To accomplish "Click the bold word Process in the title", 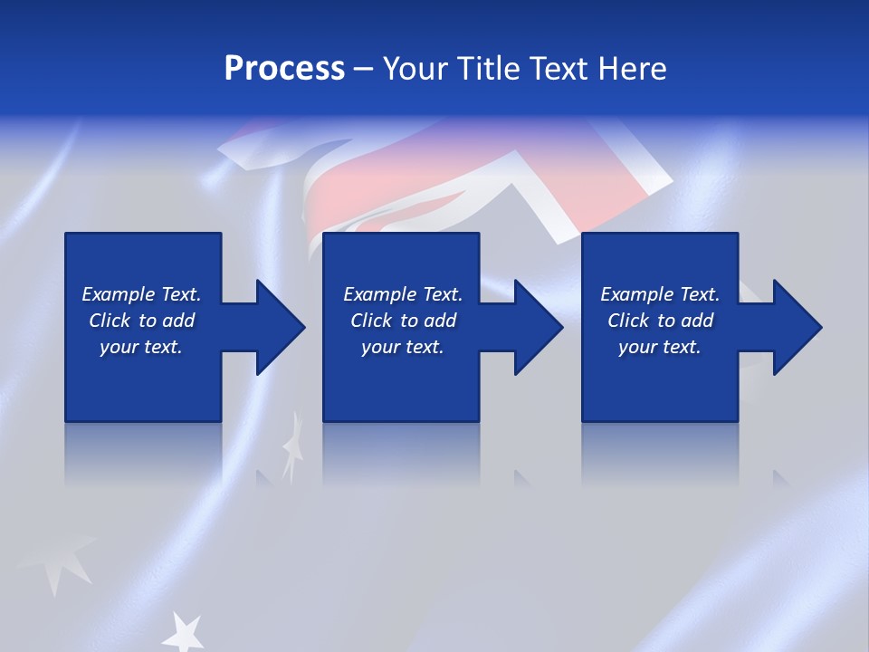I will tap(284, 69).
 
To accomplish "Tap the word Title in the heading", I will tap(487, 69).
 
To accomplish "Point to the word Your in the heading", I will tap(417, 69).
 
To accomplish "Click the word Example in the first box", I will tap(118, 294).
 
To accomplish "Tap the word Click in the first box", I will tap(110, 321).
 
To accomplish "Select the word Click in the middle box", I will tap(371, 321).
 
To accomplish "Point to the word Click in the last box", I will tap(628, 321).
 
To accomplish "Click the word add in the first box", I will tap(178, 321).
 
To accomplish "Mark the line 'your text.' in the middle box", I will tap(403, 347).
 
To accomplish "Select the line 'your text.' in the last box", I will tap(660, 347).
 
